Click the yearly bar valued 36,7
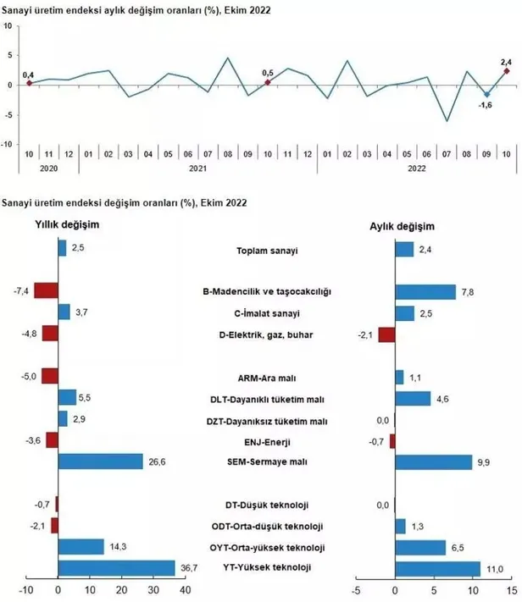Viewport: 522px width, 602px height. [116, 567]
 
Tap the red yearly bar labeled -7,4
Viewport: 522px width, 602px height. [46, 290]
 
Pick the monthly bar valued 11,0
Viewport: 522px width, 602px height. [438, 567]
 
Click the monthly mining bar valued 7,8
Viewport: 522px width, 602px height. [425, 290]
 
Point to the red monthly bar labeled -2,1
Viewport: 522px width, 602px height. [386, 334]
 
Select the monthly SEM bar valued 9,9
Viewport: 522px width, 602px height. [434, 461]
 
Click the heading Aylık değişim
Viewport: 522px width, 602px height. [402, 227]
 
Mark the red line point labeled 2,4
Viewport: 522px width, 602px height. [506, 71]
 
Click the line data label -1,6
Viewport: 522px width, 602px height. [486, 105]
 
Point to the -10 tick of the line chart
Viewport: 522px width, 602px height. [8, 145]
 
